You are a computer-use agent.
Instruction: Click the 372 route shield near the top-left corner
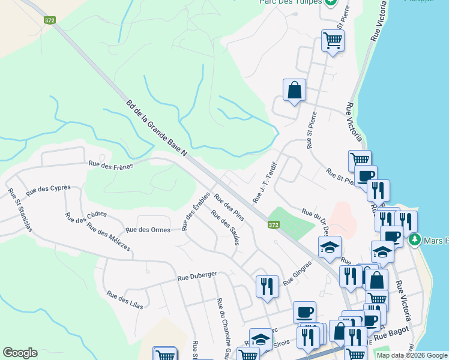coord(50,20)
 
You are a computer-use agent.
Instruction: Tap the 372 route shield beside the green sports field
coord(273,224)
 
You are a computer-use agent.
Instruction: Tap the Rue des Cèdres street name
coord(86,214)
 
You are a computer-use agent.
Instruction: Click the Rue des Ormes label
coord(148,229)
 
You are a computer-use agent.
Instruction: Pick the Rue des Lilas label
coord(125,299)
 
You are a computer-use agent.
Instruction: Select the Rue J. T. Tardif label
coord(265,181)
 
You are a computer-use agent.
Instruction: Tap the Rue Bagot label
coord(392,334)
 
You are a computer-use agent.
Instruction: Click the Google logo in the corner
coord(20,353)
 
